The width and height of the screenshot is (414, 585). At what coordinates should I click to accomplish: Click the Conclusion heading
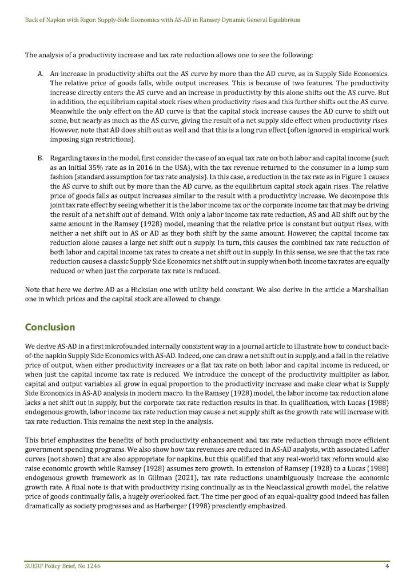(50, 327)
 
